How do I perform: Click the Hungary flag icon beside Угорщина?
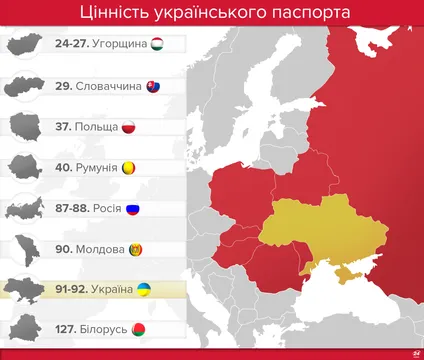point(158,44)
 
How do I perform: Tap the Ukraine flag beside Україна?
point(144,290)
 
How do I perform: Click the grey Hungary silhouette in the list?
point(24,44)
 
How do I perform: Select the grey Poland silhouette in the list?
point(24,127)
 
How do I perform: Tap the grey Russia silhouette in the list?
point(24,209)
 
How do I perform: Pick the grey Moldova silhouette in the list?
point(24,249)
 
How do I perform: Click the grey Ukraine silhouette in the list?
point(24,290)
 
